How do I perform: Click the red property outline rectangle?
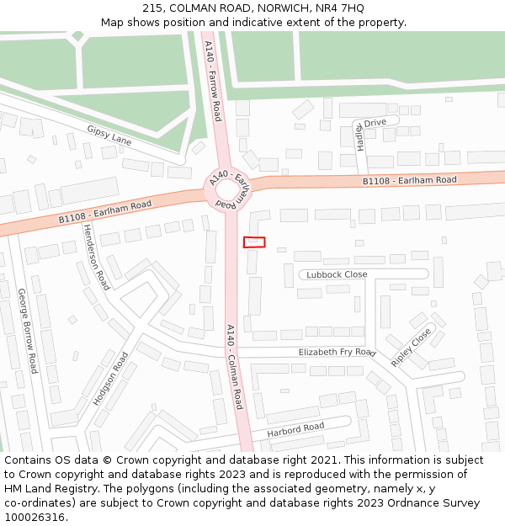pos(254,242)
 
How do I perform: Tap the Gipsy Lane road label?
pos(109,135)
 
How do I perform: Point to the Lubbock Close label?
pos(337,274)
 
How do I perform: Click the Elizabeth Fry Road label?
pos(337,352)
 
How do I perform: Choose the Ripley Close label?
pos(411,346)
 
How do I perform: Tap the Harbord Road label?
pos(295,430)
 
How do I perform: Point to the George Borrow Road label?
pos(28,331)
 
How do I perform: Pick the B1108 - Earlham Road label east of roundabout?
pos(409,180)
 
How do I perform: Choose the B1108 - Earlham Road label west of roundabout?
pos(104,211)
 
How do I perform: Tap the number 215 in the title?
pos(151,8)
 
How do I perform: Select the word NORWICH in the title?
pos(271,8)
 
